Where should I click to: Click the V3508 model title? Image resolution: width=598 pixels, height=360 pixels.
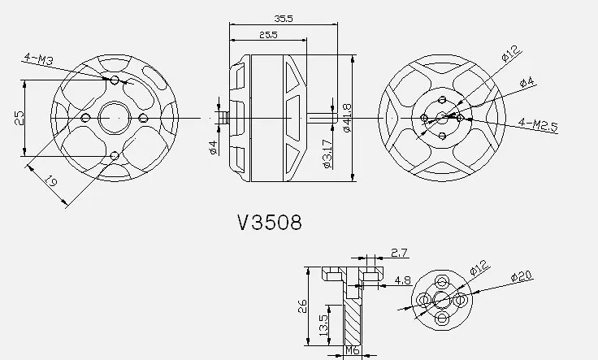pos(270,222)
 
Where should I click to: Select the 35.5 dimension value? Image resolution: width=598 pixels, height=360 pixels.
pos(284,19)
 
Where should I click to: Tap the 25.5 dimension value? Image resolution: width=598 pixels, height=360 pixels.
pos(268,35)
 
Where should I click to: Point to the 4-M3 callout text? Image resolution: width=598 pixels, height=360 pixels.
pos(38,59)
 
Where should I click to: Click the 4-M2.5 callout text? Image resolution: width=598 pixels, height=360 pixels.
pos(538,125)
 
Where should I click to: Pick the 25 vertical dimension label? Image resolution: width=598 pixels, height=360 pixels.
pos(19,118)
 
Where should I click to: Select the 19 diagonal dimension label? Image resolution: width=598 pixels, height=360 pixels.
pos(50,180)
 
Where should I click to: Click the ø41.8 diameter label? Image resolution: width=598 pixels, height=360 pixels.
pos(347,118)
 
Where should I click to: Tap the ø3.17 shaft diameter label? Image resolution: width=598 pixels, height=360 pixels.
pos(327,154)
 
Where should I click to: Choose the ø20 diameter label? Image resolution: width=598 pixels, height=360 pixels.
pos(522,276)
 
